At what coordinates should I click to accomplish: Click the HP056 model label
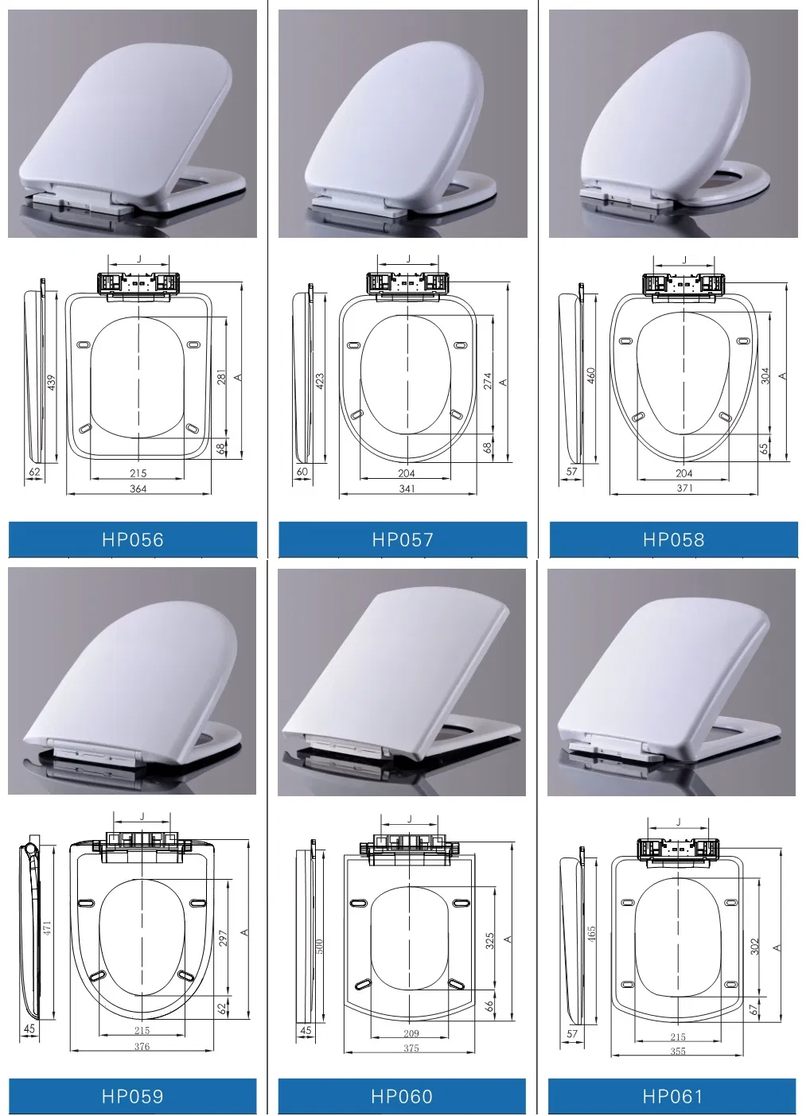point(133,540)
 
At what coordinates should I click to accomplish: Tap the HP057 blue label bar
point(403,540)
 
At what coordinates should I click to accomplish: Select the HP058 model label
point(673,540)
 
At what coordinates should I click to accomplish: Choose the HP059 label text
point(133,1097)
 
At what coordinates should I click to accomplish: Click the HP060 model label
point(402,1097)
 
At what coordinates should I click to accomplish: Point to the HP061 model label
point(672,1097)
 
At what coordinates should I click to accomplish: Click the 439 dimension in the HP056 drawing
point(53,383)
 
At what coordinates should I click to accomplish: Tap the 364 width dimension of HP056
point(138,489)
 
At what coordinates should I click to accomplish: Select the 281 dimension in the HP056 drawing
point(222,377)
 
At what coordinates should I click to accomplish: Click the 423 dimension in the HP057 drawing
point(321,381)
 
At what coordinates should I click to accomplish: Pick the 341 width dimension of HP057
point(407,489)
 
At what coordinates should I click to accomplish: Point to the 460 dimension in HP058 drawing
point(591,375)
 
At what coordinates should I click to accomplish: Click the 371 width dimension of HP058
point(684,488)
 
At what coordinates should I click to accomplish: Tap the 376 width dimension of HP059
point(142,1047)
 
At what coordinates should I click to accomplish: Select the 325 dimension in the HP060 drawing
point(490,941)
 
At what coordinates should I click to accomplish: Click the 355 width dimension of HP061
point(678,1052)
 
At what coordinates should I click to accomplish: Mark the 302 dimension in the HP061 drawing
point(755,947)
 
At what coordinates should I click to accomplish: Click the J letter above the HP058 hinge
point(683,260)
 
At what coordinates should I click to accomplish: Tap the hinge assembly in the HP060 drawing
point(411,846)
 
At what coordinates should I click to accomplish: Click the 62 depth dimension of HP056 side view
point(34,472)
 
